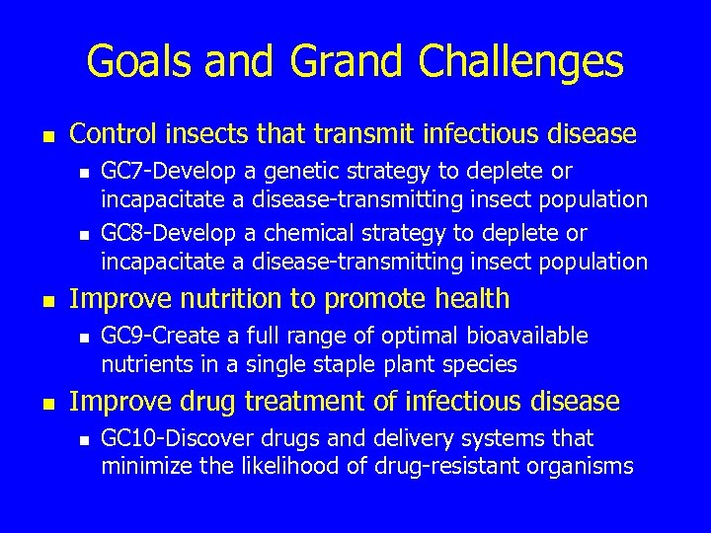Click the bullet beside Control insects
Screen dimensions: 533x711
pyautogui.click(x=47, y=133)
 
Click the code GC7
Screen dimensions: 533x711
pyautogui.click(x=120, y=172)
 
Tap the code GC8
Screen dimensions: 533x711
pyautogui.click(x=120, y=234)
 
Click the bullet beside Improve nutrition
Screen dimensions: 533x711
pyautogui.click(x=47, y=299)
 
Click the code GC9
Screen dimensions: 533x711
pyautogui.click(x=120, y=337)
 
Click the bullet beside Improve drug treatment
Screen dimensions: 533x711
pyautogui.click(x=47, y=402)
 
